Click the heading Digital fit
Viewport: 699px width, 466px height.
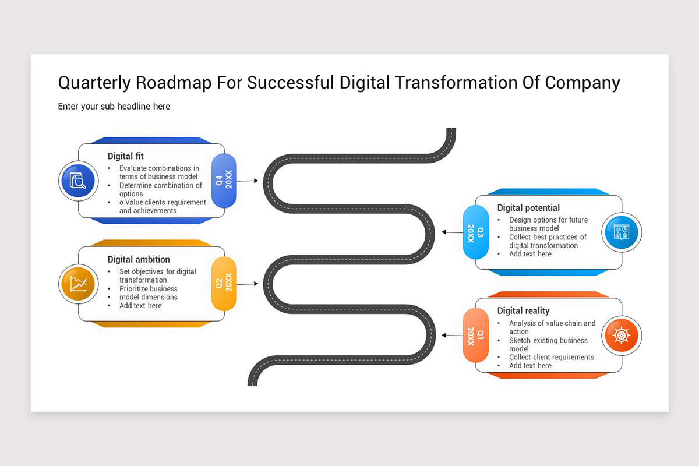tap(125, 156)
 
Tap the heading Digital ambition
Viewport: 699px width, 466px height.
tap(139, 259)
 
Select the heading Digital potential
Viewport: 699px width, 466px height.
tap(528, 208)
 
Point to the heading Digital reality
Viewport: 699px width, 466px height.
tap(523, 311)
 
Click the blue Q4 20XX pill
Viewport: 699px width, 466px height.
tap(224, 181)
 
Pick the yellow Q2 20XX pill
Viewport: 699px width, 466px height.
tap(224, 284)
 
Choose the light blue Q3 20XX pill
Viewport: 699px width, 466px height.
tap(475, 232)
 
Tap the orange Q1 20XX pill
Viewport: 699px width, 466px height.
tap(475, 336)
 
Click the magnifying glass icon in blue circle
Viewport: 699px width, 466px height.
tap(77, 181)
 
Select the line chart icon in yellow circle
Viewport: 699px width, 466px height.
tap(77, 284)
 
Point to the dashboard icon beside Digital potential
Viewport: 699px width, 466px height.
tap(622, 232)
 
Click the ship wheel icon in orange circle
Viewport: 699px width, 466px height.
tap(622, 336)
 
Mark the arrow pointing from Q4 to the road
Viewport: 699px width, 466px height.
tap(248, 181)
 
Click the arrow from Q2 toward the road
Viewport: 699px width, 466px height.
tap(248, 284)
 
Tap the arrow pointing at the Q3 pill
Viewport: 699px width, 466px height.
tap(452, 232)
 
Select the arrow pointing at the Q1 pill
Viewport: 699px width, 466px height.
tap(452, 336)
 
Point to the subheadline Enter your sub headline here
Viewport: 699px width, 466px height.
tap(114, 106)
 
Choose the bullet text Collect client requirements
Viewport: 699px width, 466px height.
tap(551, 357)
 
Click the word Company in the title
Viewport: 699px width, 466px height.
tap(582, 83)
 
